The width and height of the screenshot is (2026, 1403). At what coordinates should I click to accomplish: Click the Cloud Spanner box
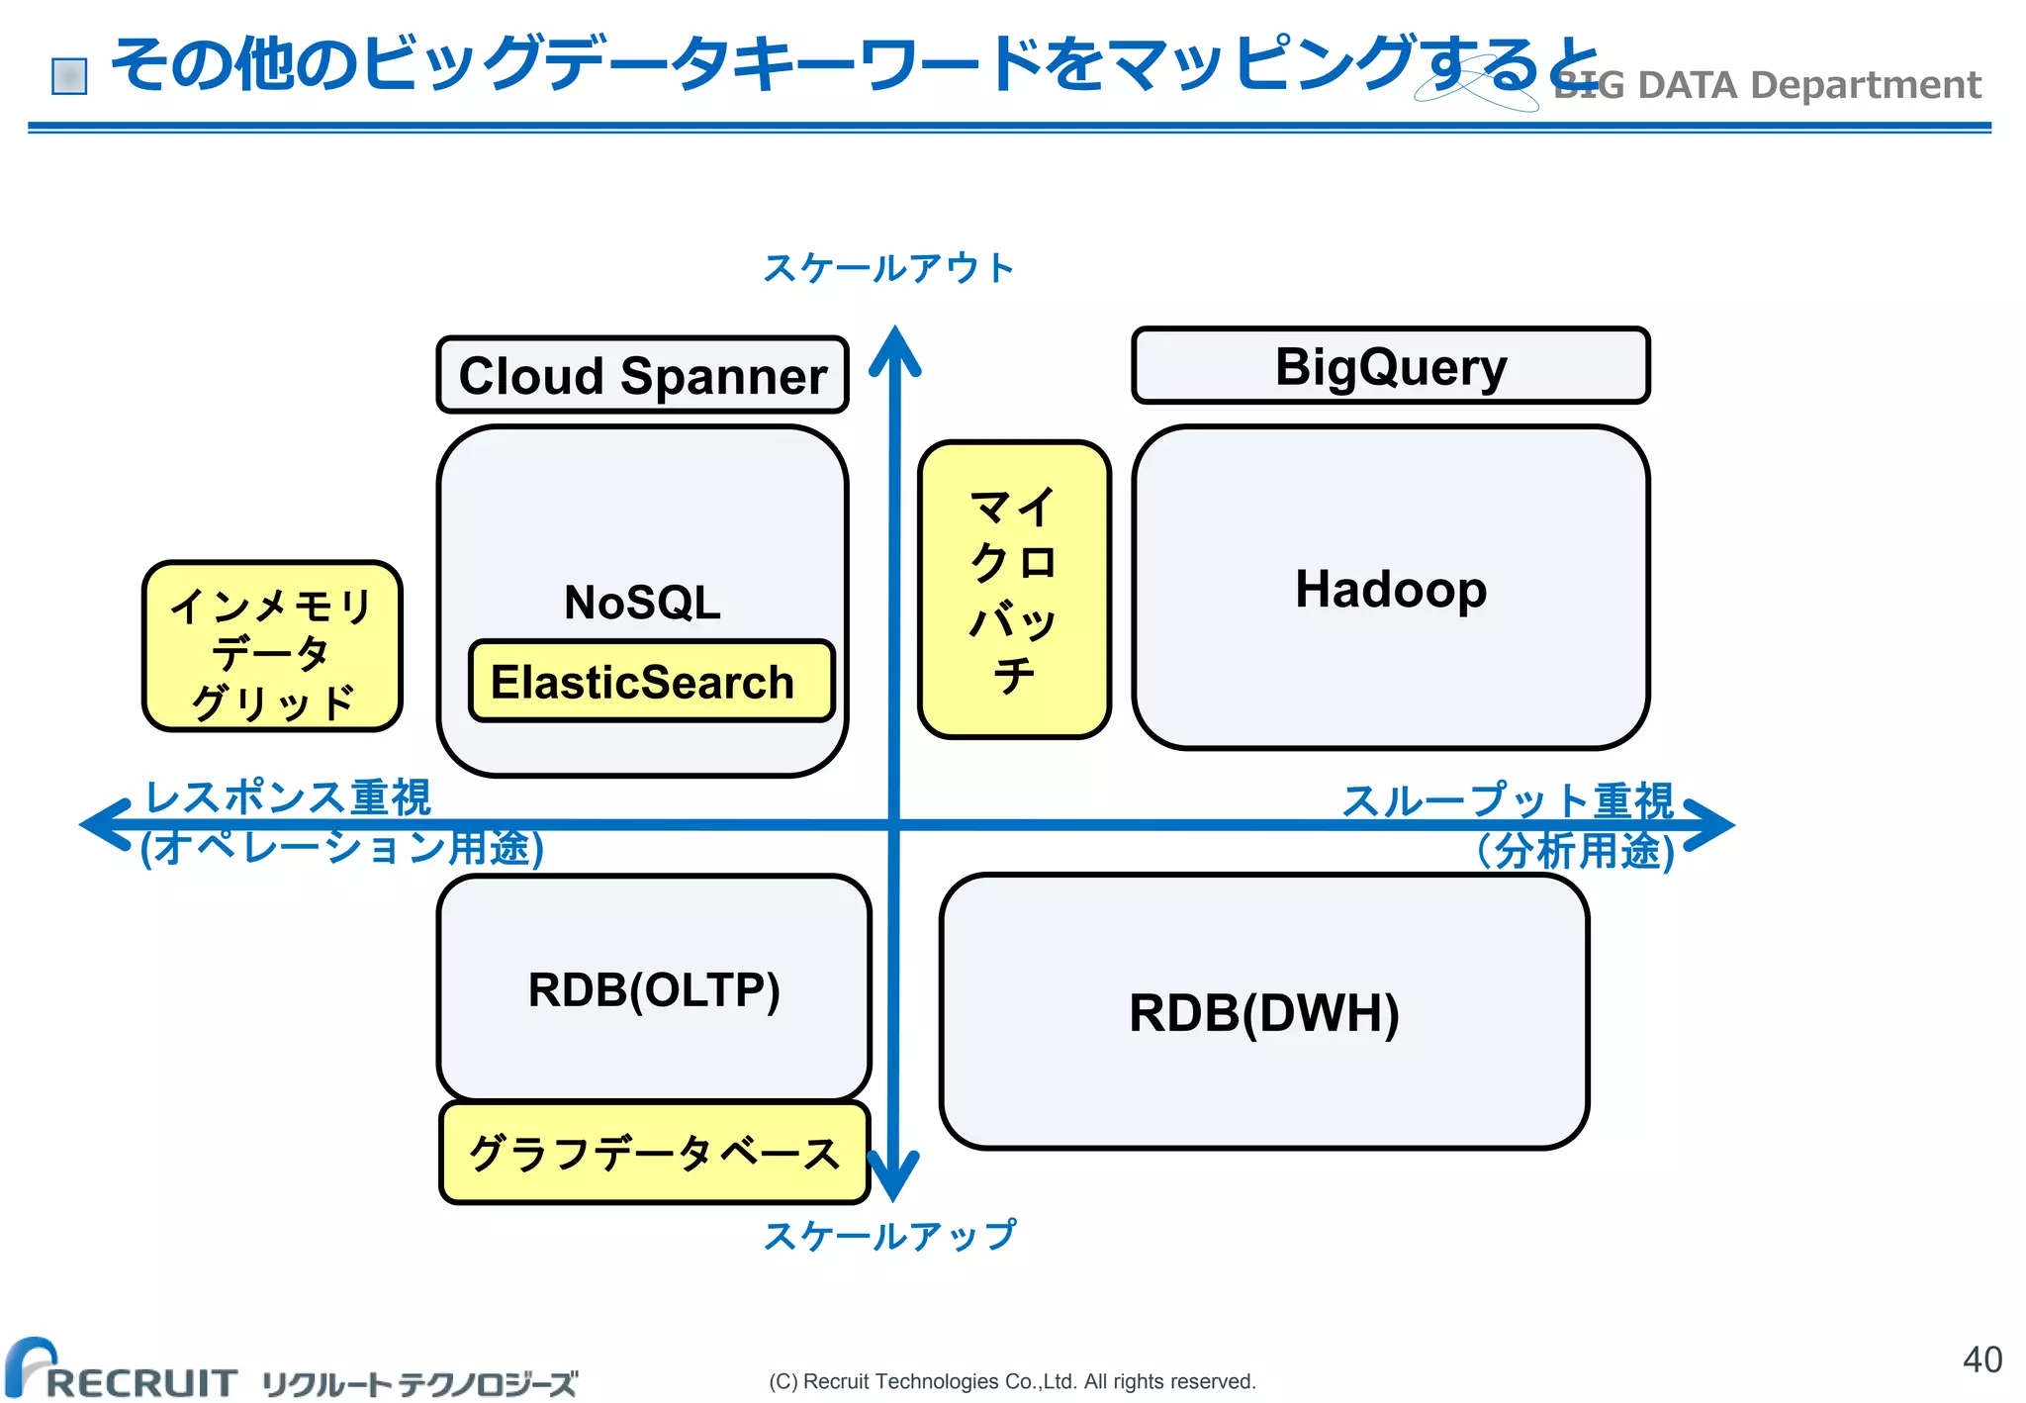(643, 376)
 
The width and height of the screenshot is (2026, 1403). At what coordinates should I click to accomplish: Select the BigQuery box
(1390, 367)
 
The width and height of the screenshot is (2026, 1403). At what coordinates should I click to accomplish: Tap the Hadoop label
(1390, 590)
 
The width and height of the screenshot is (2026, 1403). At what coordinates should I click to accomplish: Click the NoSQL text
(643, 603)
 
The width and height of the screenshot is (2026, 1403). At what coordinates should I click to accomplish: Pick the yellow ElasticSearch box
(651, 682)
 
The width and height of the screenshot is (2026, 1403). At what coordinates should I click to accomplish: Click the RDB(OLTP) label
(654, 989)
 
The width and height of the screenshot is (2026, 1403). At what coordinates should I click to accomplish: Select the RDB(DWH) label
(1263, 1013)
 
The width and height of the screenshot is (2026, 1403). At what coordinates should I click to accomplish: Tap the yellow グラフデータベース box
(654, 1154)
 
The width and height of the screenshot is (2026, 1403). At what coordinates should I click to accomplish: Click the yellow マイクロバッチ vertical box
(1014, 590)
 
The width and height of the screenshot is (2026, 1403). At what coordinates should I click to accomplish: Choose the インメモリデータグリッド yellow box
(272, 647)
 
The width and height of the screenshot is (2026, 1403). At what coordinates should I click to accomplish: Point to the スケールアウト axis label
(888, 268)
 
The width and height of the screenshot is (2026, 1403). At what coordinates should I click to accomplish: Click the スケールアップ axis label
(888, 1236)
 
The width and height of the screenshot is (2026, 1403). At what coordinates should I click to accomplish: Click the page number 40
(1981, 1359)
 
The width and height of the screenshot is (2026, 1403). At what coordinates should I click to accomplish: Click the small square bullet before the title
(69, 76)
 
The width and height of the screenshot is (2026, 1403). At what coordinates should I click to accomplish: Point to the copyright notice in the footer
(1012, 1381)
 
